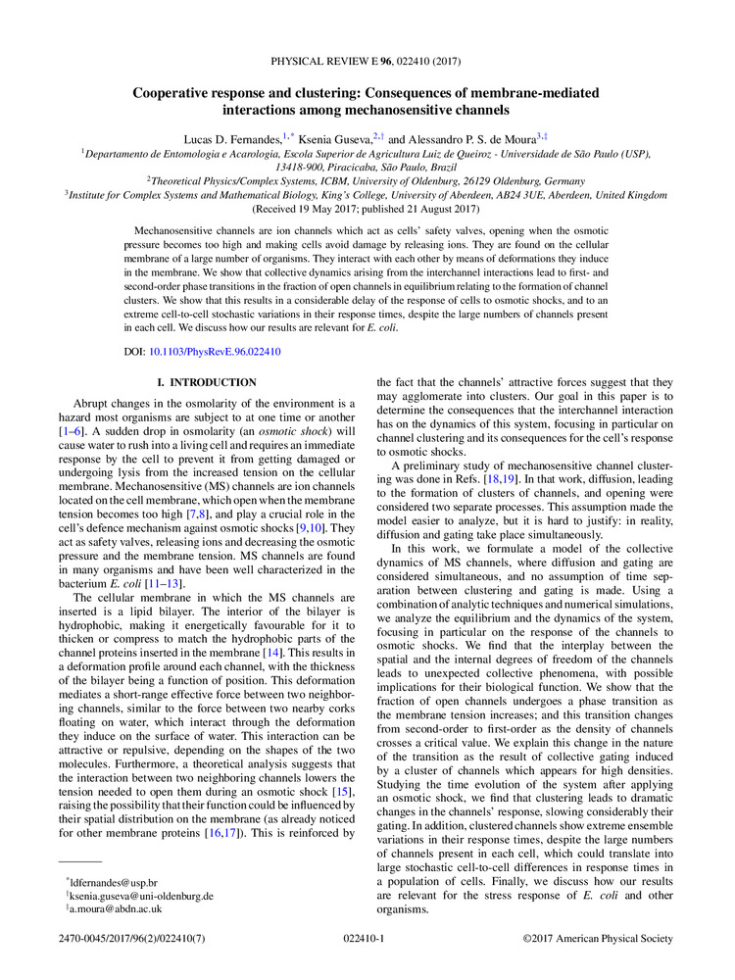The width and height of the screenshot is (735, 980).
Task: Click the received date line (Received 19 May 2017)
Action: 366,209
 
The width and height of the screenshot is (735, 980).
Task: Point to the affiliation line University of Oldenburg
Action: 366,180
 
